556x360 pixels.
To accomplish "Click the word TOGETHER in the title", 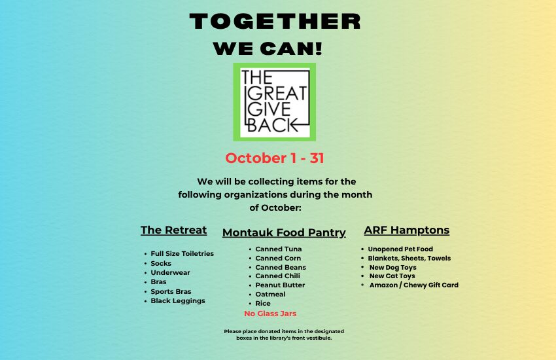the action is tap(275, 22).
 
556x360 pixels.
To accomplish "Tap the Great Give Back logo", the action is tap(275, 102).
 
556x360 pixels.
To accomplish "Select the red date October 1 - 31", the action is tap(275, 158).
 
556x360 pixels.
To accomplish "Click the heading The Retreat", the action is tap(174, 230).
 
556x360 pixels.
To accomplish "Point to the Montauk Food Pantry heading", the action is tap(284, 232).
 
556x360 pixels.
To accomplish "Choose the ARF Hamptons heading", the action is tap(407, 230).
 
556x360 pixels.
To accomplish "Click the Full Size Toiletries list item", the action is tap(182, 253).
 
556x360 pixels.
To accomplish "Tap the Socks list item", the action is tap(161, 263).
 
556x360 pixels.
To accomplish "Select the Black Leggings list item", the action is tap(178, 301).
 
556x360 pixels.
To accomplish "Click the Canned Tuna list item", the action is tap(279, 249).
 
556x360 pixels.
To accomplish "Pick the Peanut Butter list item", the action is tap(280, 285).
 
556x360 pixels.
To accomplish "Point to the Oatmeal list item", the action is tap(270, 294).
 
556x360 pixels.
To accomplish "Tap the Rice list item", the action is tap(263, 303).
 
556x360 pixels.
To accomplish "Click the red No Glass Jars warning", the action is tap(270, 314).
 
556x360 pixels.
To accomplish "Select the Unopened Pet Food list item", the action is tap(400, 249).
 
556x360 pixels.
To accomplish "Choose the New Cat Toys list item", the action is tap(392, 276).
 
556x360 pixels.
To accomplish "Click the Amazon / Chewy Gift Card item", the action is tap(414, 285).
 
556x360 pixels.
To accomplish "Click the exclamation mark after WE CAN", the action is tap(319, 48).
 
